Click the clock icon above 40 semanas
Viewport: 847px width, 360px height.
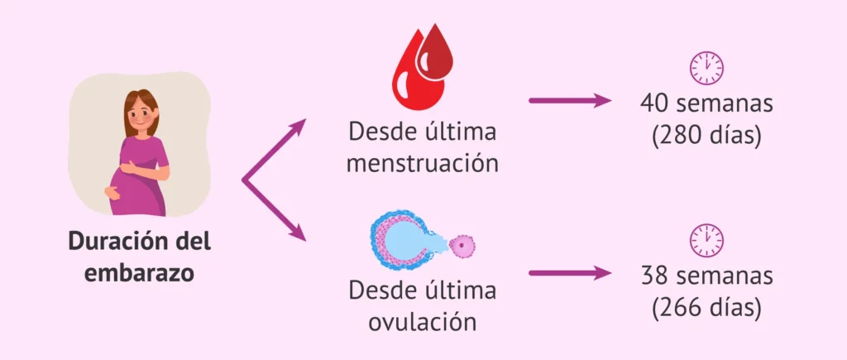coord(706,67)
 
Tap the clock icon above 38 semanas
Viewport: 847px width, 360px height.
coord(706,239)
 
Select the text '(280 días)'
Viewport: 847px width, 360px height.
coord(706,134)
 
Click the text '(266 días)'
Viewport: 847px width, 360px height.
coord(706,306)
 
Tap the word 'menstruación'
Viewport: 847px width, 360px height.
coord(423,162)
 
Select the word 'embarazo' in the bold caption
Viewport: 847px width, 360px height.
coord(139,272)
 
